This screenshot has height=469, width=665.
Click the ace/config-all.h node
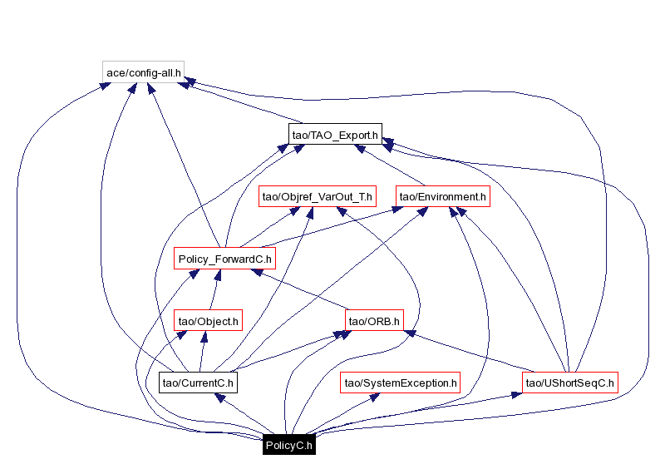coord(144,72)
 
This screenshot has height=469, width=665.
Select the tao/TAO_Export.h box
coord(335,134)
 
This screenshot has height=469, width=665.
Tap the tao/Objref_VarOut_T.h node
coord(318,196)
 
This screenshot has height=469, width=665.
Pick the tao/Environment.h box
coord(441,196)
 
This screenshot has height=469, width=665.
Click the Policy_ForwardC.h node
coord(224,259)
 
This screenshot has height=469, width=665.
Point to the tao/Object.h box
coord(208,320)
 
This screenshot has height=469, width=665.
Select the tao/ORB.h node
coord(374,320)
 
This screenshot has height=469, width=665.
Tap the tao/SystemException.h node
coord(400,383)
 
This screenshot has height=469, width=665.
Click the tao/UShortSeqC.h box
coord(570,383)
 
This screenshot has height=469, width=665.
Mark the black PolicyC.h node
coord(288,445)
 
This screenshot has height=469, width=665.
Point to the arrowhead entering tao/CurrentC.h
coord(219,398)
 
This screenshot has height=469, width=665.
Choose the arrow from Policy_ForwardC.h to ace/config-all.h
coord(183,165)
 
